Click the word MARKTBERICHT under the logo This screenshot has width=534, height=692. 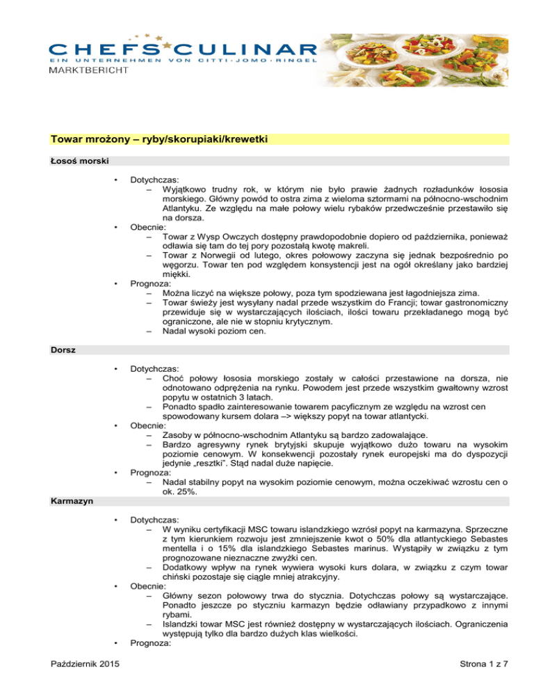(x=88, y=73)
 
